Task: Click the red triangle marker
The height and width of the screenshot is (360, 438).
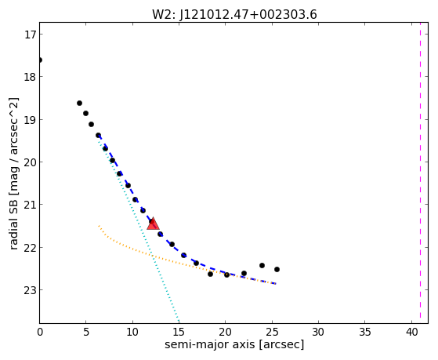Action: (x=153, y=224)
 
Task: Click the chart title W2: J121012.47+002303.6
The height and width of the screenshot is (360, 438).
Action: (x=234, y=14)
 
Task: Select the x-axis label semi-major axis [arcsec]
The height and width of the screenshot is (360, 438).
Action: (x=234, y=344)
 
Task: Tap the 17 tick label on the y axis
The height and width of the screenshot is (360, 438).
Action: (x=28, y=35)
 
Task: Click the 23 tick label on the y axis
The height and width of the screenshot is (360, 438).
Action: (x=28, y=290)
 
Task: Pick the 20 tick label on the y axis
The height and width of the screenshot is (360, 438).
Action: (x=28, y=162)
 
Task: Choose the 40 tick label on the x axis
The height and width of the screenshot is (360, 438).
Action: (x=411, y=332)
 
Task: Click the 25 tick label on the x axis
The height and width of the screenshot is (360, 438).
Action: (x=272, y=332)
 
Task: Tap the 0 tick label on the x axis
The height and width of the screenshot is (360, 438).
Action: (x=40, y=332)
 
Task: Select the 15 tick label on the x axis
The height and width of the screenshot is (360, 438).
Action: (x=179, y=332)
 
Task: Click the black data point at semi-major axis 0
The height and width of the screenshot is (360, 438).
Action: (x=40, y=60)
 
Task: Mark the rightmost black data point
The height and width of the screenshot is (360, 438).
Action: (x=277, y=269)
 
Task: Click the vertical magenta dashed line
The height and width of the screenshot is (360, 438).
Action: (x=420, y=173)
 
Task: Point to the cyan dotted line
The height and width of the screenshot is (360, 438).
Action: (x=138, y=229)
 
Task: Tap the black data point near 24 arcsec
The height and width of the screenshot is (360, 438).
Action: (x=262, y=265)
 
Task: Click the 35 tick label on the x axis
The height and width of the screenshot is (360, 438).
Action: (x=365, y=332)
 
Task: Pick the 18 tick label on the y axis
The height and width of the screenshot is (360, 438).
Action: (x=28, y=77)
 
